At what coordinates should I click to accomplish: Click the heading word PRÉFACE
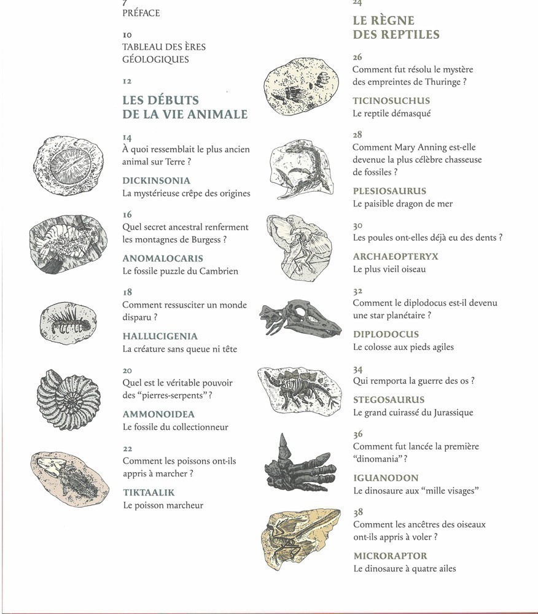point(141,13)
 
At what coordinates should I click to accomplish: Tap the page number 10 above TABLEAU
point(127,35)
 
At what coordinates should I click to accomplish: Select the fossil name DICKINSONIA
point(156,181)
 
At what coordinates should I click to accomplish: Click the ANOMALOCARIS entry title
point(162,258)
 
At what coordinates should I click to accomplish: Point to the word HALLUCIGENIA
point(160,336)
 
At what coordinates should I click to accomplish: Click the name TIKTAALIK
point(149,492)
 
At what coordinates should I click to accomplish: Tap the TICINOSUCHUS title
point(391,101)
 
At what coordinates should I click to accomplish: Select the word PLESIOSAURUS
point(389,191)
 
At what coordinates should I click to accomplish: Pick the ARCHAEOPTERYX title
point(396,256)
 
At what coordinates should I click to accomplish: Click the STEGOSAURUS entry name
point(389,400)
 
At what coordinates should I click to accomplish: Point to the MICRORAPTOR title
point(390,556)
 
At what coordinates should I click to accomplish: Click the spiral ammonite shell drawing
point(68,399)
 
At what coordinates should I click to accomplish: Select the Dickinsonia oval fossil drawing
point(68,165)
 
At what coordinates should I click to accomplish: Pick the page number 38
point(358,512)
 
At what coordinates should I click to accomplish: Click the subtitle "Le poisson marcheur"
point(163,505)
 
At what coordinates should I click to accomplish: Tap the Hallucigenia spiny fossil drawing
point(68,322)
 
